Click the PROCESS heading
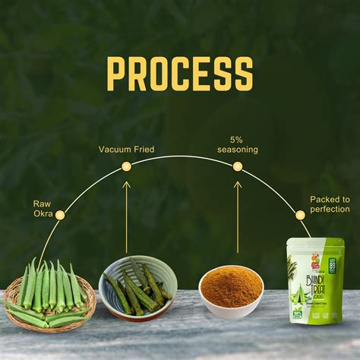(x=179, y=74)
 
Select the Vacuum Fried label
(x=126, y=150)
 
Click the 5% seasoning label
(x=238, y=144)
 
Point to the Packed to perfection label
(x=330, y=204)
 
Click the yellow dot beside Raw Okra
(x=60, y=215)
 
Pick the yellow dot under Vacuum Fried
(x=127, y=166)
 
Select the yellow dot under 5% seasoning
(x=237, y=166)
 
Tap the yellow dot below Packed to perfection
(x=300, y=215)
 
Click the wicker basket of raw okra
(x=50, y=300)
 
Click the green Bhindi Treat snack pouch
(x=315, y=281)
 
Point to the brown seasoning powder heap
(x=230, y=286)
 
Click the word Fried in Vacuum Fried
(x=142, y=150)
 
